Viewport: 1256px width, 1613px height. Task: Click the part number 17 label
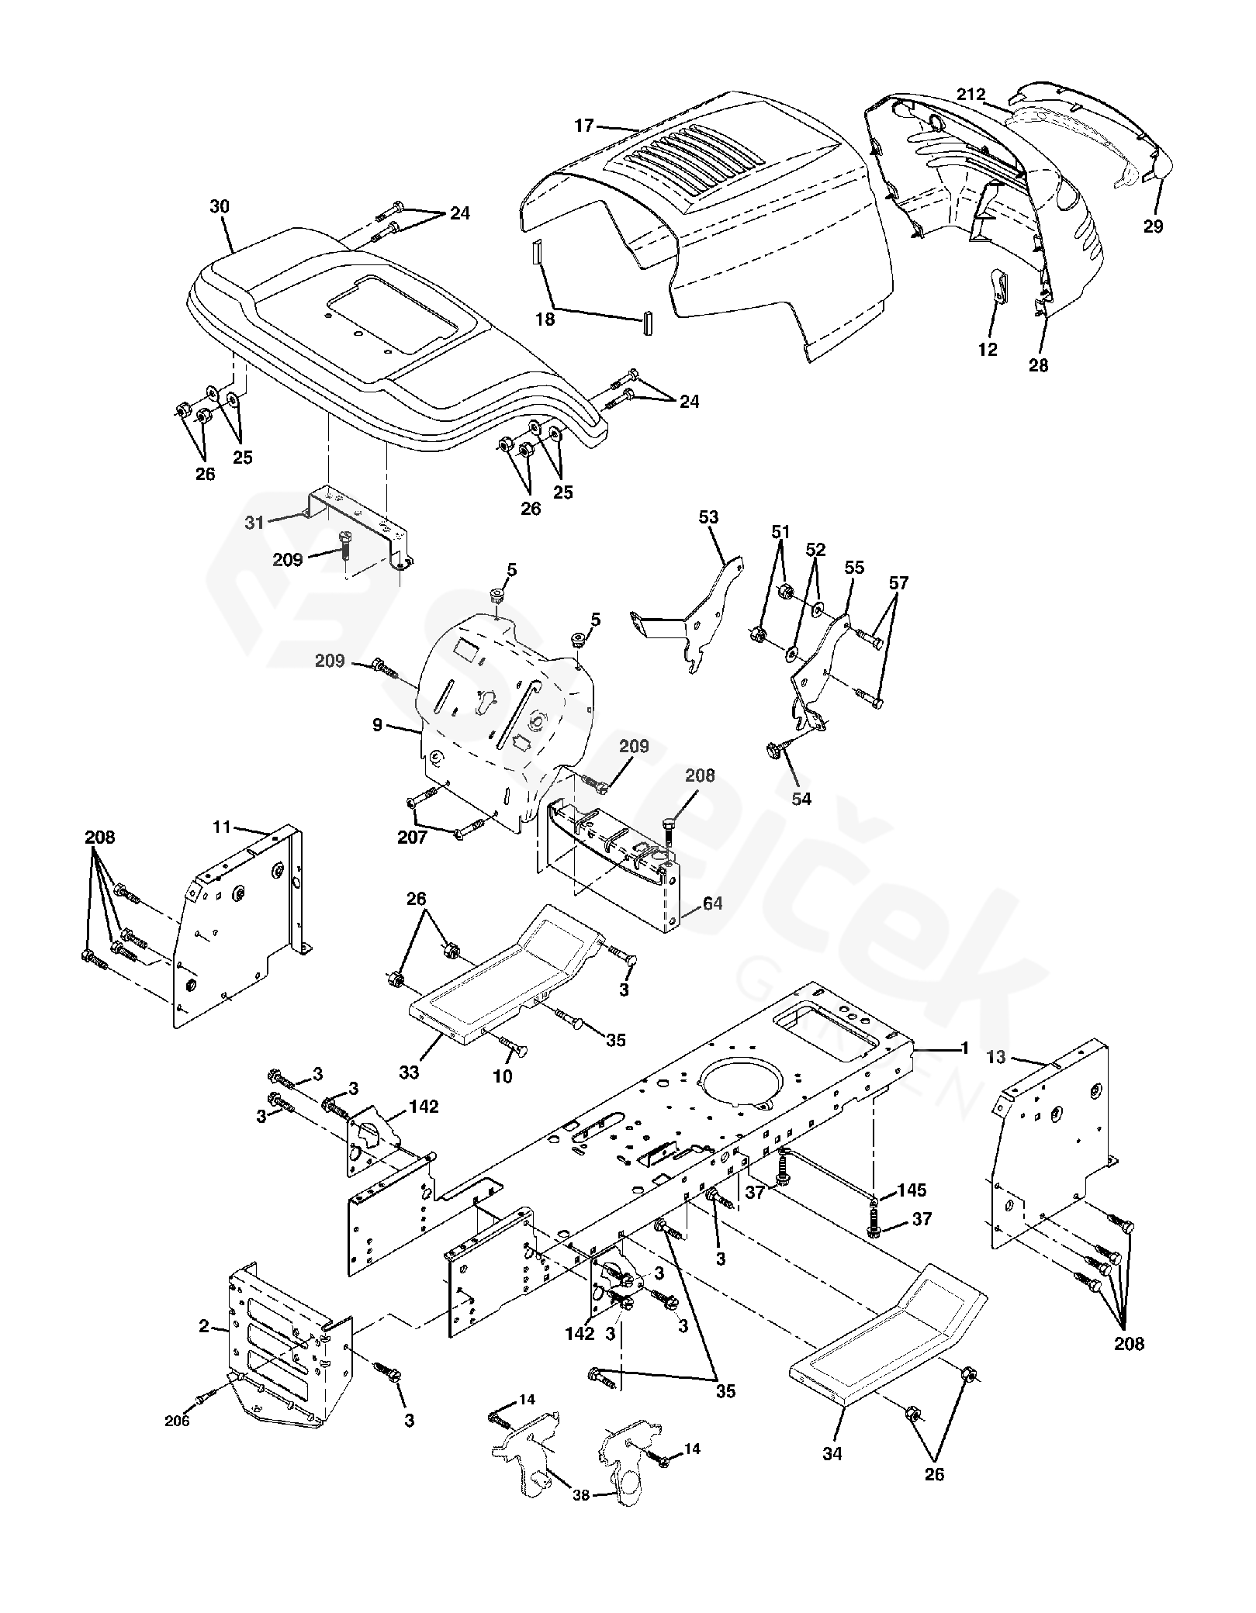pos(584,125)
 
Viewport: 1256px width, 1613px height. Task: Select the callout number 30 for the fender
pos(220,206)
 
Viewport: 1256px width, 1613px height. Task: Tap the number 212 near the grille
pos(970,95)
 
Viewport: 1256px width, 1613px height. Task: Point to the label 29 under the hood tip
pos(1153,226)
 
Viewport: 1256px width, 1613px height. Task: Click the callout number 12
pos(988,350)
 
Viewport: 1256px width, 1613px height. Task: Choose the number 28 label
pos(1038,366)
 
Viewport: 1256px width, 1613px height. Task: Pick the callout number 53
pos(708,516)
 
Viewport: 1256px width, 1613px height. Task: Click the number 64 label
pos(712,903)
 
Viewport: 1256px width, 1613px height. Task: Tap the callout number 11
pos(222,827)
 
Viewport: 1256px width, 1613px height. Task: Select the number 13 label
pos(997,1058)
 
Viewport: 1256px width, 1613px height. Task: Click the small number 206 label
pos(176,1421)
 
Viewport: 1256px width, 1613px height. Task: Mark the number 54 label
pos(801,798)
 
